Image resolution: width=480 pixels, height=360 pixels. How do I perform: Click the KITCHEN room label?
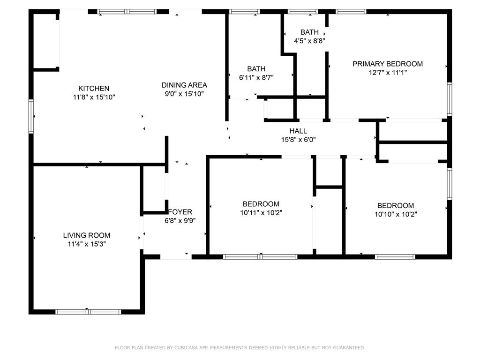[94, 89]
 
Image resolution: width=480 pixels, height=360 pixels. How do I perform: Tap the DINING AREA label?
[184, 85]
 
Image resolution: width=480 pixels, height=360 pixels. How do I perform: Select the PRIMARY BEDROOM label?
[388, 64]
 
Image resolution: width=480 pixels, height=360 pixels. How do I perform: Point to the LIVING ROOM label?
[87, 235]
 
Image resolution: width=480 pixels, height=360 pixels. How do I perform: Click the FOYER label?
[180, 211]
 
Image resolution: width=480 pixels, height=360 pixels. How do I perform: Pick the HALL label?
[298, 131]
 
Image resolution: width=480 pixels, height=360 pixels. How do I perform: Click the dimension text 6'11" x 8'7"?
[256, 78]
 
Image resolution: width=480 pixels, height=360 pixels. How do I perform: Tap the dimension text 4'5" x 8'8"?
[309, 41]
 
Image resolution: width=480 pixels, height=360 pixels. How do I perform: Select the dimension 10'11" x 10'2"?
[261, 213]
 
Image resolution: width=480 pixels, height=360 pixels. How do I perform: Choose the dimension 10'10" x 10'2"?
[396, 214]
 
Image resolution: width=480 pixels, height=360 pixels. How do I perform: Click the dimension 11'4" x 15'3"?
[87, 244]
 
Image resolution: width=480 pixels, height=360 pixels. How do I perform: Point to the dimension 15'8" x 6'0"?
[299, 140]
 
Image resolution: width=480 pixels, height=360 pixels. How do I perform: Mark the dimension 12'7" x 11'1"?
[388, 73]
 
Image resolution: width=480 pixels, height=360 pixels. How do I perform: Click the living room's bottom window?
[88, 312]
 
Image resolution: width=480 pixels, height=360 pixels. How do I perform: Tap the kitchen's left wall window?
[31, 116]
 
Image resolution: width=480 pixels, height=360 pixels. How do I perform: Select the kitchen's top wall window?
[127, 12]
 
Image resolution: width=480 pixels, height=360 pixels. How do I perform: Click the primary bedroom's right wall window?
[450, 99]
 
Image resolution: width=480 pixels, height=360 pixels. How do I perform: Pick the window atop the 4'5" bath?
[303, 12]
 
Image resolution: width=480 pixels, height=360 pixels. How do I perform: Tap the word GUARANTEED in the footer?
[349, 347]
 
